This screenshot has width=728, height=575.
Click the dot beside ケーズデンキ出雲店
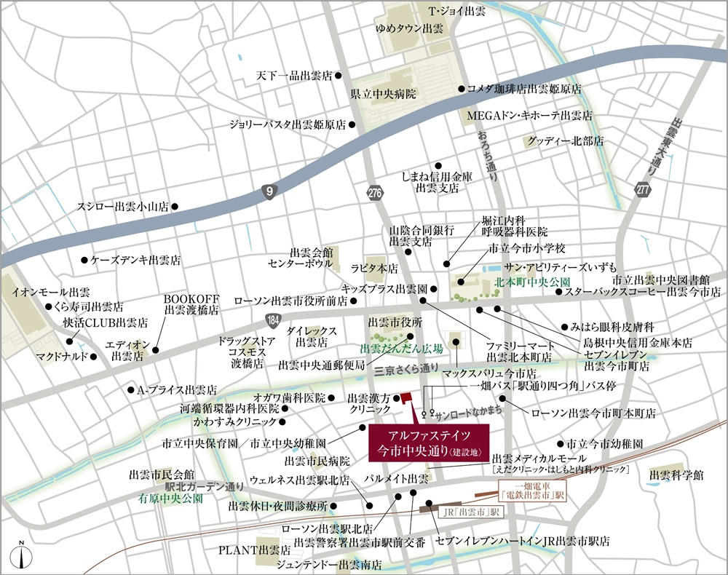84,259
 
